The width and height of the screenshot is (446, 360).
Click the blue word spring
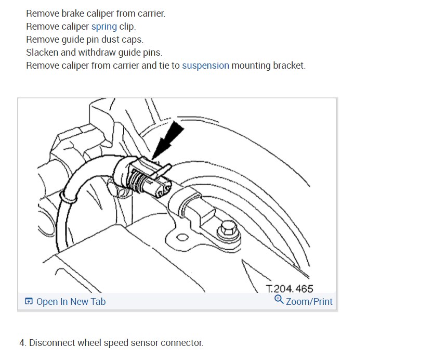tap(104, 27)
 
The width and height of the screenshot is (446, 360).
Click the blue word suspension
tap(205, 66)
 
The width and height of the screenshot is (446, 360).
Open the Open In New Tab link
tap(71, 302)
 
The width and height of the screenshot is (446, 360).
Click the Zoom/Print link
tap(309, 302)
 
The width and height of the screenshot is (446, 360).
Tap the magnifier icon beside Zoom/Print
tap(279, 300)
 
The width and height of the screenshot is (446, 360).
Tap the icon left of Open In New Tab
tap(29, 302)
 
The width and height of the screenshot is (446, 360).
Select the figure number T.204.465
tap(290, 289)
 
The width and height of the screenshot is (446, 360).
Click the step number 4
tap(22, 343)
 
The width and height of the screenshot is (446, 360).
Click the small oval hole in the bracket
tap(181, 238)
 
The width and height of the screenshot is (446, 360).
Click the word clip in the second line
tap(127, 27)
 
